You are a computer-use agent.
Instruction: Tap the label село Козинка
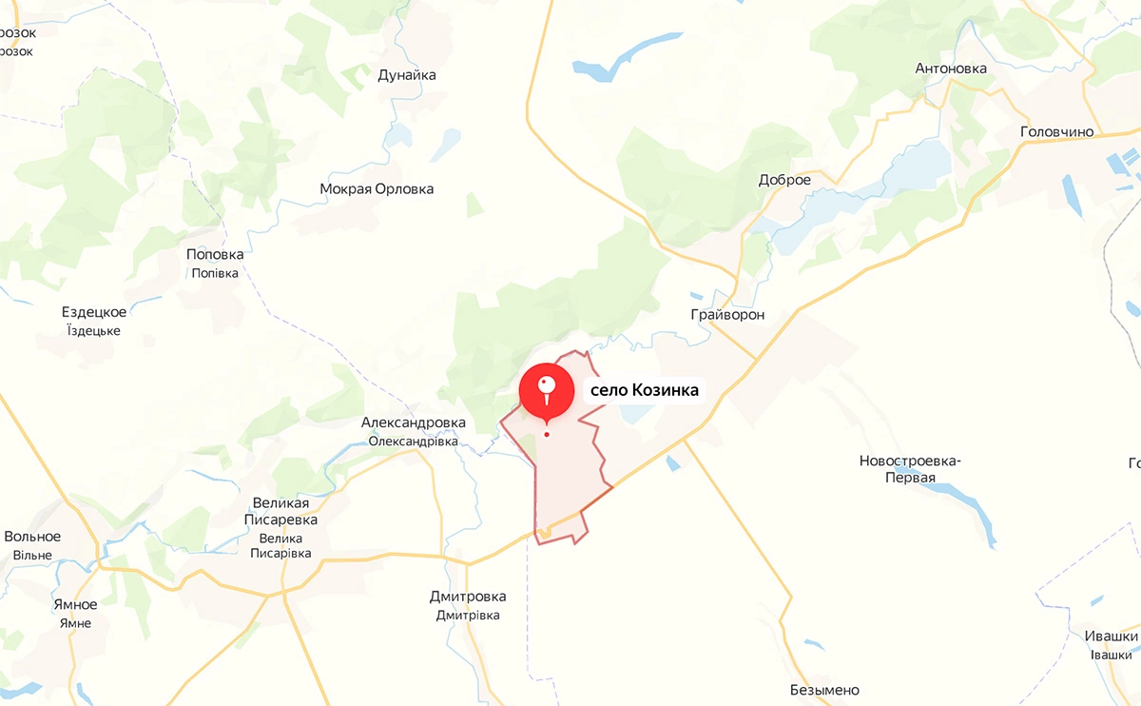point(645,390)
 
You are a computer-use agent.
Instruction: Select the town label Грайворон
point(728,315)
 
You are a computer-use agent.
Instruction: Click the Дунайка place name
point(407,75)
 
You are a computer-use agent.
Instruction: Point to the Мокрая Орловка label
point(377,189)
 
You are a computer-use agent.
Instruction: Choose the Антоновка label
point(951,69)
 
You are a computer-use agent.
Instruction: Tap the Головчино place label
point(1056,132)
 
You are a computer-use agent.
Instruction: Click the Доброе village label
point(784,180)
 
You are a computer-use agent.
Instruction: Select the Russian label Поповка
point(215,254)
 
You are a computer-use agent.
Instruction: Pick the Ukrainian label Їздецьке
point(94,331)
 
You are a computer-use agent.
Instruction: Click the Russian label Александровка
point(414,422)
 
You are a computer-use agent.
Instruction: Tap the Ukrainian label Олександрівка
point(414,441)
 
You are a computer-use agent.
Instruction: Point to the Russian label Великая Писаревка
point(280,511)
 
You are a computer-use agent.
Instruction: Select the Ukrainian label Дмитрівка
point(468,616)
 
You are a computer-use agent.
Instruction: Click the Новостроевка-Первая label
point(910,469)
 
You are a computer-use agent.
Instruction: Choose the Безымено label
point(824,690)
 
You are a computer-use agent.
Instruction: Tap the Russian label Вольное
point(32,537)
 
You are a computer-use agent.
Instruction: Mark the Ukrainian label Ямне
point(75,623)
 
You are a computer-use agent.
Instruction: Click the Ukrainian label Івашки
point(1112,655)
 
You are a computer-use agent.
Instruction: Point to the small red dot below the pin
point(547,435)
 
